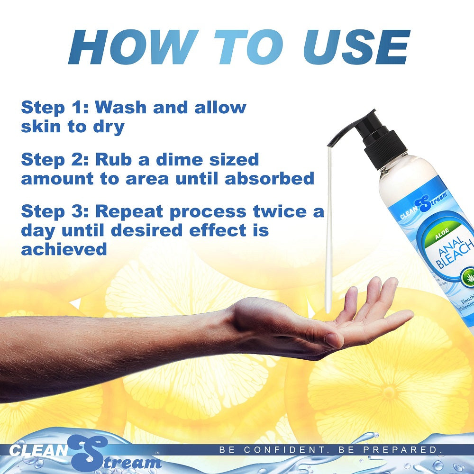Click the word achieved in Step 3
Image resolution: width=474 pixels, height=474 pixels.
click(x=64, y=249)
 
